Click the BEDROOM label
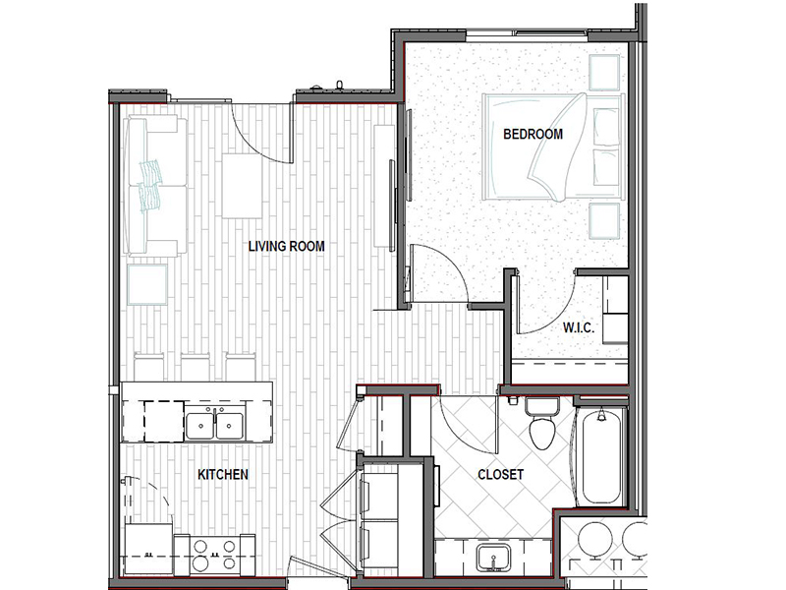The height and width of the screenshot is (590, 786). tap(533, 134)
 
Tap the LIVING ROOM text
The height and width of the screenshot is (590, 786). tap(286, 246)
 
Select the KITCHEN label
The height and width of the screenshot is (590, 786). tap(223, 474)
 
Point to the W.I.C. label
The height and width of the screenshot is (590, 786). tap(579, 327)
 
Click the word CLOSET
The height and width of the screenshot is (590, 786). tap(500, 474)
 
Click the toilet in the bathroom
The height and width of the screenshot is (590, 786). tap(542, 423)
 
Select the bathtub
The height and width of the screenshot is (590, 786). tap(601, 455)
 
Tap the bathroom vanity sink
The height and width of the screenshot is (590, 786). tap(493, 558)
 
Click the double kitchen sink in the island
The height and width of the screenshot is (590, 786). tap(214, 426)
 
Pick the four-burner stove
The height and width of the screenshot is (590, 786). tap(214, 555)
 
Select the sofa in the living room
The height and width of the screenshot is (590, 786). tap(155, 186)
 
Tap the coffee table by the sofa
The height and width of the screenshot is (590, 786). tap(242, 186)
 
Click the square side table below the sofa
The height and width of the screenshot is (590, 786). tap(147, 284)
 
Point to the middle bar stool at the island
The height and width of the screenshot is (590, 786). tap(196, 367)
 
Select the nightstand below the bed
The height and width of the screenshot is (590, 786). tap(604, 221)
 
